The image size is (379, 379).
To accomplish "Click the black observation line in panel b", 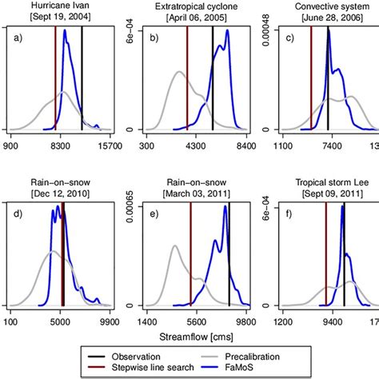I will click(x=212, y=80).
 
